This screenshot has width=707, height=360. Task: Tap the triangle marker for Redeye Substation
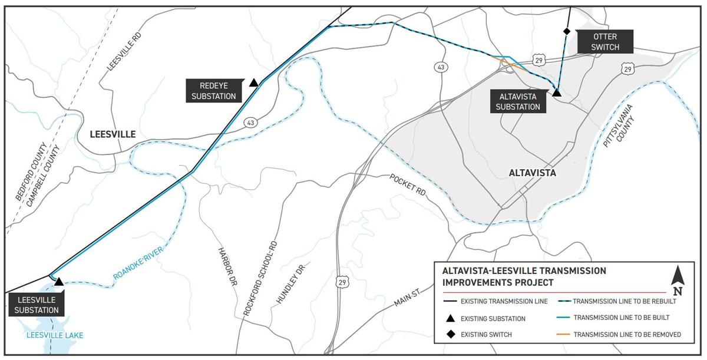coord(253,82)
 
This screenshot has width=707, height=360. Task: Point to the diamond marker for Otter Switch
coord(567,31)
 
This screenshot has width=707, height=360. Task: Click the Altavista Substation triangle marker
coord(556,93)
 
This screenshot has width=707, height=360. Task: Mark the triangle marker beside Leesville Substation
coord(59,282)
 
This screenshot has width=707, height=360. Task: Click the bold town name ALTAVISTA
coord(532,173)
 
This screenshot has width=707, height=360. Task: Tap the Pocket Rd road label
coord(407,185)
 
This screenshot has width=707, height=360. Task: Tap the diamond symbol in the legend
coord(450,335)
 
